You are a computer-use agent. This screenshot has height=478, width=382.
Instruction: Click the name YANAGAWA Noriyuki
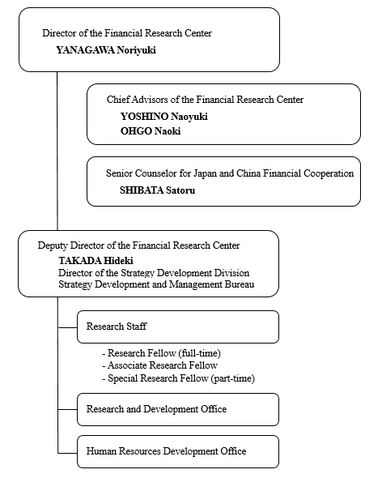pyautogui.click(x=105, y=49)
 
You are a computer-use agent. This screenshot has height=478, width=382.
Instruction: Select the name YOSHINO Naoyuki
pyautogui.click(x=163, y=116)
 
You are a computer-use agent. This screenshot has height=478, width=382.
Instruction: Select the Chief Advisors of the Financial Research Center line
pyautogui.click(x=206, y=100)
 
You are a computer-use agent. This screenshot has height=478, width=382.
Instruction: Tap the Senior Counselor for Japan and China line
pyautogui.click(x=229, y=173)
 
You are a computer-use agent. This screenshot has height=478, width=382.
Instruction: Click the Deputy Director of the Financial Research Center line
pyautogui.click(x=138, y=245)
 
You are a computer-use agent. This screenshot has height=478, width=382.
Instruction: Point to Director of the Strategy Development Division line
pyautogui.click(x=154, y=273)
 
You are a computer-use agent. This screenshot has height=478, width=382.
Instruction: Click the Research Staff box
pyautogui.click(x=177, y=326)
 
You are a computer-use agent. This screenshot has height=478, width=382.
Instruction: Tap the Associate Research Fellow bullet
pyautogui.click(x=155, y=365)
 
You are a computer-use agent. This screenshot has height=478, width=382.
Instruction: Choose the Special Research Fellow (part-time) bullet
pyautogui.click(x=178, y=378)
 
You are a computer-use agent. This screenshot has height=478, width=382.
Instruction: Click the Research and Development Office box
pyautogui.click(x=177, y=409)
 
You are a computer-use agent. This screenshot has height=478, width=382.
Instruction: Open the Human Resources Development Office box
pyautogui.click(x=177, y=451)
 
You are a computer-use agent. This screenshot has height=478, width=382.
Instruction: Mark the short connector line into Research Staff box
pyautogui.click(x=67, y=326)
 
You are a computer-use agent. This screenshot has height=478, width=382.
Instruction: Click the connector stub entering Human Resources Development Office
pyautogui.click(x=67, y=451)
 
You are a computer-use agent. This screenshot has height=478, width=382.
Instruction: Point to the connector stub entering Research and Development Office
pyautogui.click(x=67, y=409)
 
